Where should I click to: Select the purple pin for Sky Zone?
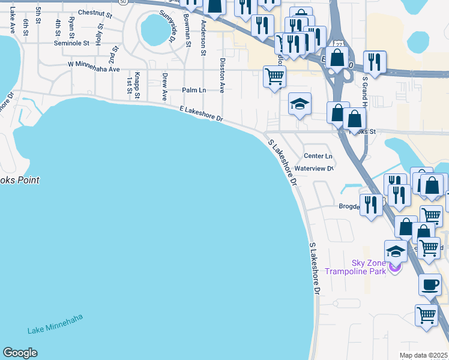pyautogui.click(x=394, y=267)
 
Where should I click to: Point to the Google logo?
pyautogui.click(x=20, y=353)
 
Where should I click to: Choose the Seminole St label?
pyautogui.click(x=71, y=43)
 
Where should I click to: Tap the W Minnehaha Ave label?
pyautogui.click(x=94, y=63)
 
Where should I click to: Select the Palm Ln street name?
pyautogui.click(x=194, y=90)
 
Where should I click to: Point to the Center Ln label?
pyautogui.click(x=318, y=156)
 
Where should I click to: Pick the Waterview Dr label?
pyautogui.click(x=314, y=169)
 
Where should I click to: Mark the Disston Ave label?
pyautogui.click(x=222, y=75)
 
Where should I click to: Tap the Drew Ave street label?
pyautogui.click(x=164, y=88)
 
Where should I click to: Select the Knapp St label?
pyautogui.click(x=137, y=85)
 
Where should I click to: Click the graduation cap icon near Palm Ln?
pyautogui.click(x=300, y=105)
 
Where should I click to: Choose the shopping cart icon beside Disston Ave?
pyautogui.click(x=274, y=76)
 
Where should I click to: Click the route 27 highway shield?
pyautogui.click(x=339, y=45)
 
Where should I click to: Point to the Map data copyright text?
pyautogui.click(x=424, y=355)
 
